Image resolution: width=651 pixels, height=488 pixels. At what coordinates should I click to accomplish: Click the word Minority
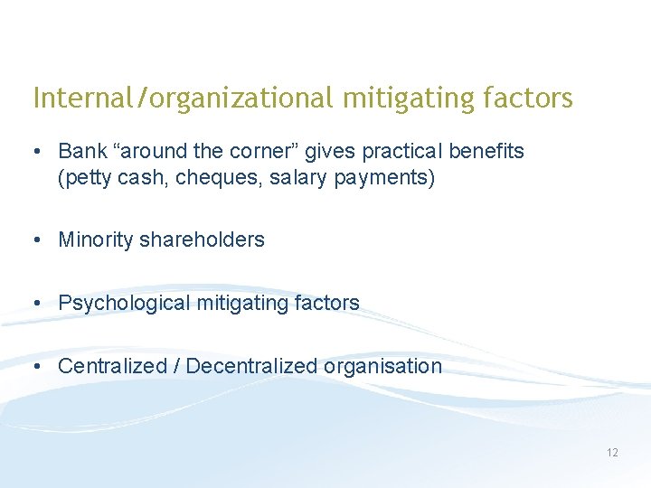[96, 239]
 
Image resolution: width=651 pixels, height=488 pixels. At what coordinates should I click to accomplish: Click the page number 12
[612, 452]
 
